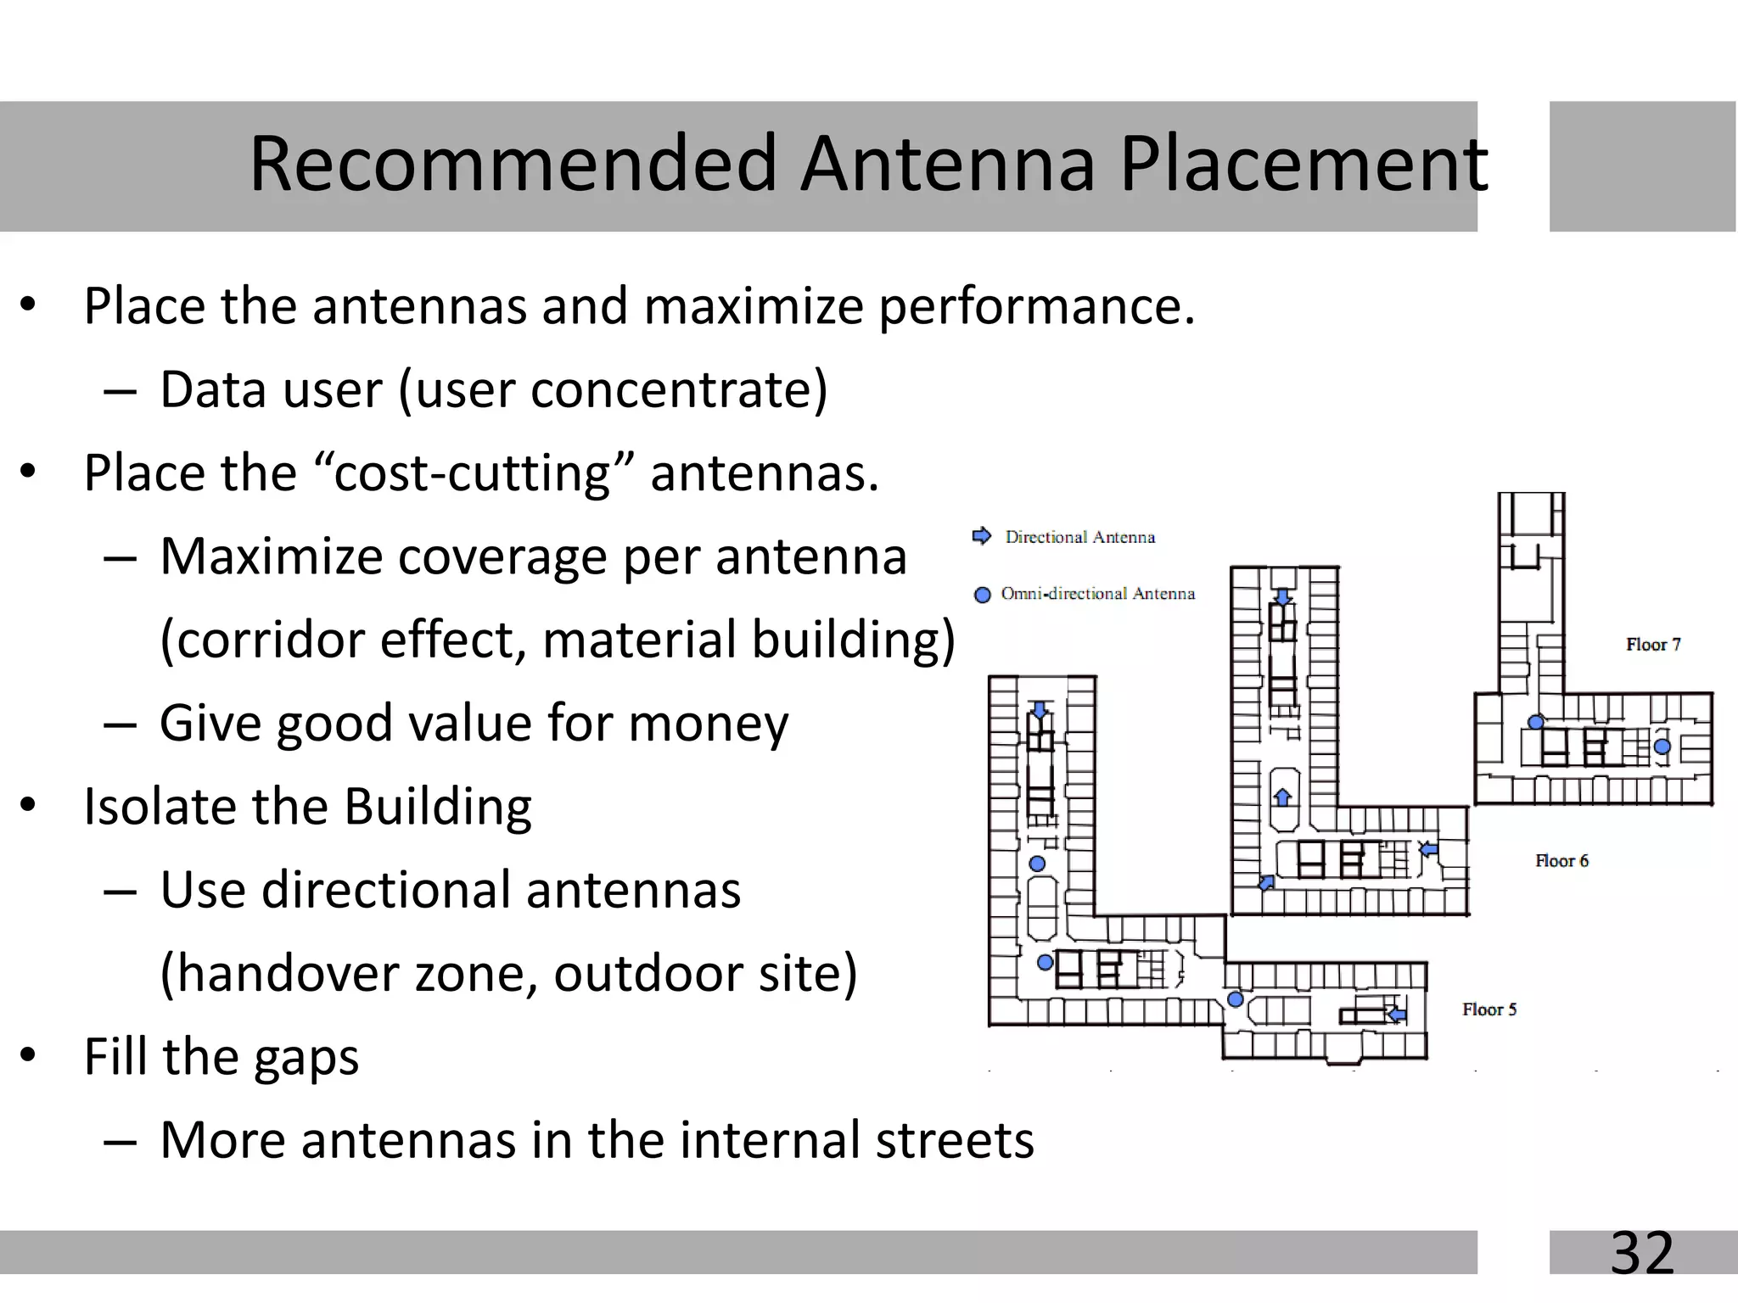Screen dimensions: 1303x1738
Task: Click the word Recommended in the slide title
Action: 513,163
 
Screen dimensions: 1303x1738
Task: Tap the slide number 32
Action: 1642,1252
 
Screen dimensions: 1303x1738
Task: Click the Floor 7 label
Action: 1652,645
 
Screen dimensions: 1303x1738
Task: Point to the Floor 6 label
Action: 1561,861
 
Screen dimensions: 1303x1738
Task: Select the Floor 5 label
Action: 1489,1009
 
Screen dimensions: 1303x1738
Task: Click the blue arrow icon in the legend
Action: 982,536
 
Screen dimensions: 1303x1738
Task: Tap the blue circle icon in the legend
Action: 983,595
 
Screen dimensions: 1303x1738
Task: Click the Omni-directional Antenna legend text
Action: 1097,594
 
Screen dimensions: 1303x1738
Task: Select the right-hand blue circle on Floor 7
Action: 1662,747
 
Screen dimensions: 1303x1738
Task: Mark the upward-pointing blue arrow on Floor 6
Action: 1283,797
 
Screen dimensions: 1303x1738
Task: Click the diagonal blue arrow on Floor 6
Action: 1266,883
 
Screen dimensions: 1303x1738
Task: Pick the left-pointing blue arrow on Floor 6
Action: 1429,848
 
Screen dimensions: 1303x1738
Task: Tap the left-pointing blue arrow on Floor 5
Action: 1396,1014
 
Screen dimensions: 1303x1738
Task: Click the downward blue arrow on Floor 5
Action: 1040,709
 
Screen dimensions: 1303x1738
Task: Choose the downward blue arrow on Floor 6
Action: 1283,597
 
